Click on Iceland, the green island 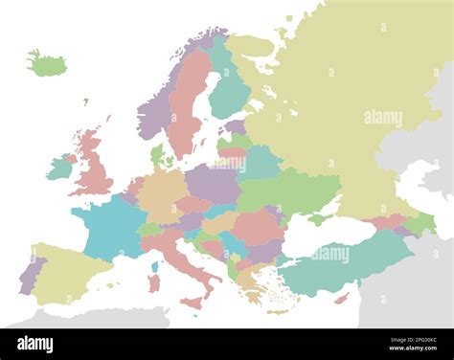(x=47, y=65)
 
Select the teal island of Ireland (x=60, y=168)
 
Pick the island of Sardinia (x=153, y=283)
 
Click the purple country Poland (x=213, y=183)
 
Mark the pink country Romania (x=257, y=226)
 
